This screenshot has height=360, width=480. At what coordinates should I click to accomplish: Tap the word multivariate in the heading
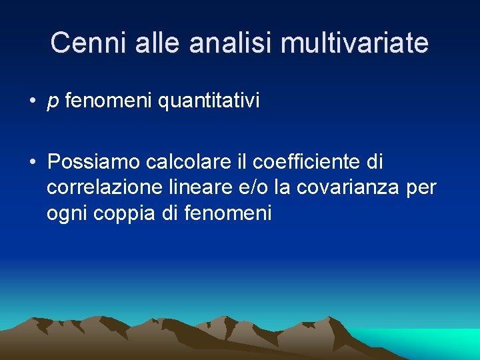[355, 43]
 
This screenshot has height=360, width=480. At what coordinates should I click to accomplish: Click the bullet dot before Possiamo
[32, 162]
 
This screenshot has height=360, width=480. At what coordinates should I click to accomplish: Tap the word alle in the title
[160, 43]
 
